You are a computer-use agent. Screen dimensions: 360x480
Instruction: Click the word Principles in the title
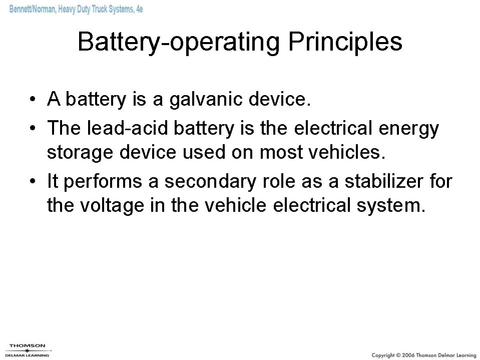coord(345,42)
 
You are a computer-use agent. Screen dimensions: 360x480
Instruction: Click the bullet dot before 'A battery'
coord(32,100)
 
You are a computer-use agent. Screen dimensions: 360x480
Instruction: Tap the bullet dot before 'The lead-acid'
coord(32,129)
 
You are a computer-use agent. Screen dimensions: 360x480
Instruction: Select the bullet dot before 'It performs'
coord(32,181)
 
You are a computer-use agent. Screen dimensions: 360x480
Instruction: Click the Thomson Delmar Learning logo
coord(28,349)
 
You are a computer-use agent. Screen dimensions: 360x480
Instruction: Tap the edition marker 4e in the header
coord(138,10)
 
